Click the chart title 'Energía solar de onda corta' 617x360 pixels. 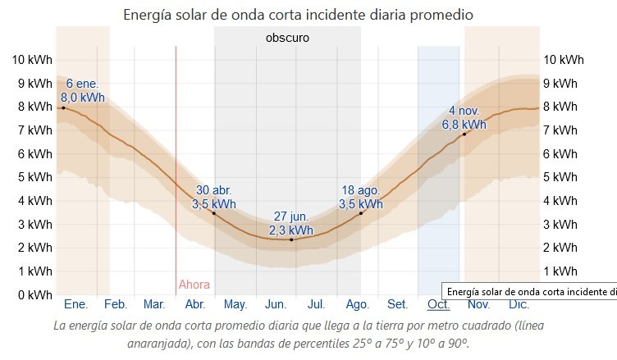(x=298, y=15)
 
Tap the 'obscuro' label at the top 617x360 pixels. (x=287, y=38)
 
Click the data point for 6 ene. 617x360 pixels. (x=63, y=107)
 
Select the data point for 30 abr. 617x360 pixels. (x=214, y=213)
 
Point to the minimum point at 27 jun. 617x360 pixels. (x=291, y=239)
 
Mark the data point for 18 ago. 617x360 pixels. (x=361, y=213)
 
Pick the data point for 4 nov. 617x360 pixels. (x=464, y=134)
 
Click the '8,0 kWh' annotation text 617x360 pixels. (x=83, y=97)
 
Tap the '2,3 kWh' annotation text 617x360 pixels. (x=291, y=230)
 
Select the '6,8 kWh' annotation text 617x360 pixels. (x=464, y=125)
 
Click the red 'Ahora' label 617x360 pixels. (x=194, y=285)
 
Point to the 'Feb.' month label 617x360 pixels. (x=115, y=304)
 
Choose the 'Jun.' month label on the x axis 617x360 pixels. (x=276, y=304)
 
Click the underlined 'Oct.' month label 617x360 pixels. (x=438, y=304)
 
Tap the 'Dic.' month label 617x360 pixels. (x=519, y=304)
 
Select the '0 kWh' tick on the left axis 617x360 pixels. (x=34, y=294)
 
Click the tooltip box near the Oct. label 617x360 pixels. (x=529, y=290)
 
